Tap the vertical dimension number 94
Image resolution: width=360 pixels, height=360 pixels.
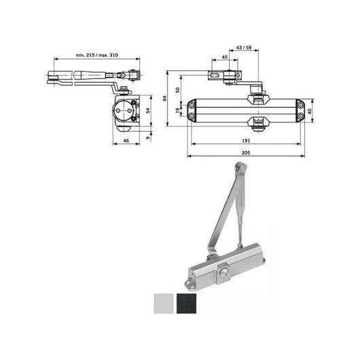pos(164,98)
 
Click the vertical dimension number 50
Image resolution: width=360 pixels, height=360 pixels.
pos(177,89)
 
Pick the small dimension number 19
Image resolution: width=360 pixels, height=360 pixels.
pos(177,111)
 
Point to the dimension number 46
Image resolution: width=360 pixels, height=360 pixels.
pos(126,141)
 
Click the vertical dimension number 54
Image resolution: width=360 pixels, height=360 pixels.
pos(149,110)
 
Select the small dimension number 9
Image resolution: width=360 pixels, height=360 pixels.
pos(149,137)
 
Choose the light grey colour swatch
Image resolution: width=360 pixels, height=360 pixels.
pos(164,302)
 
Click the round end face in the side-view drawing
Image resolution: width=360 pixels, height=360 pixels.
pos(126,110)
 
